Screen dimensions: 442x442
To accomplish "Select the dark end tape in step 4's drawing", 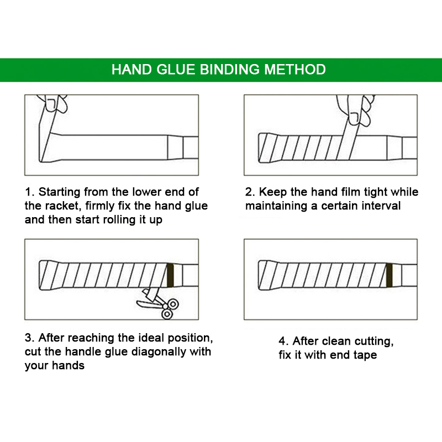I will (390, 275).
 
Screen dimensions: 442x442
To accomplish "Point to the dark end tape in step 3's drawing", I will (170, 275).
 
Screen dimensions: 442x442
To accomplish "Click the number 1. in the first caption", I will (30, 192).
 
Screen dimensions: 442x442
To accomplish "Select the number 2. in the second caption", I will (250, 192).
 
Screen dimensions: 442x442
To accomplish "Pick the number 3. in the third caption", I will (30, 338).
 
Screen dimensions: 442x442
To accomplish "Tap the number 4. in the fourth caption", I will (283, 341).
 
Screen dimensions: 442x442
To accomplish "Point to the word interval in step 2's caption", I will (381, 206).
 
